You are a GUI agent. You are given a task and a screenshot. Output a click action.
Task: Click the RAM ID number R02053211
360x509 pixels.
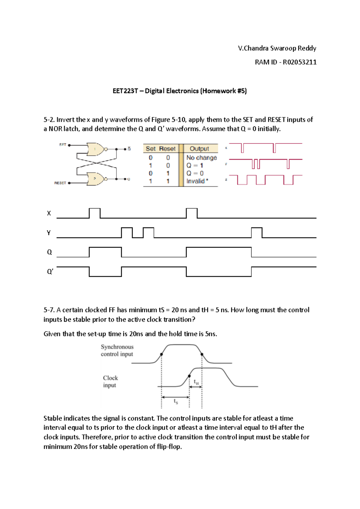(299, 62)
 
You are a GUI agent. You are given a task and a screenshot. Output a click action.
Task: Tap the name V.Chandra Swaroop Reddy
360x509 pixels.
(277, 48)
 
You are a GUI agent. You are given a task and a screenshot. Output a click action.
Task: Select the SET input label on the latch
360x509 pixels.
(63, 145)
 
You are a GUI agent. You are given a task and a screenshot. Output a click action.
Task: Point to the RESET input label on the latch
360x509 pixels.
(60, 183)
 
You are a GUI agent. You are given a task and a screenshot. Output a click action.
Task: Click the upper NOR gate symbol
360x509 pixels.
(96, 149)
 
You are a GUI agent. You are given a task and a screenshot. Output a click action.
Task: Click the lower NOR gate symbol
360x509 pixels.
(96, 179)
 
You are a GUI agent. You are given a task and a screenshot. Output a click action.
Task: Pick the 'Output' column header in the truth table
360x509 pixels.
(199, 149)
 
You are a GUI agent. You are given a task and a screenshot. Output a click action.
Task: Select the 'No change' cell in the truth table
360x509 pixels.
(201, 158)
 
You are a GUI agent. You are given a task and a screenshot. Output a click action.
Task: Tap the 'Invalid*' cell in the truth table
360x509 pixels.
(197, 181)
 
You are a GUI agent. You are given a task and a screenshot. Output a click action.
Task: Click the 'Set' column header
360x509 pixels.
(151, 149)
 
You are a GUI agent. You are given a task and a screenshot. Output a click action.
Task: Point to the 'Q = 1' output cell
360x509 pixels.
(195, 165)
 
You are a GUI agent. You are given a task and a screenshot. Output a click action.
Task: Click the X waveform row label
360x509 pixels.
(49, 213)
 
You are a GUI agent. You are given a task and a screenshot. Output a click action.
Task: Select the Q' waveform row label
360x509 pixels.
(50, 272)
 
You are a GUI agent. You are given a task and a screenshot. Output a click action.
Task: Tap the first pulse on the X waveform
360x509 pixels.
(95, 213)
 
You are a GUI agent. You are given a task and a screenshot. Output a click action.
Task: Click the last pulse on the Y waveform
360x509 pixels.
(256, 232)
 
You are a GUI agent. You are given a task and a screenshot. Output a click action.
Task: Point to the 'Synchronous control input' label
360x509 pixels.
(117, 351)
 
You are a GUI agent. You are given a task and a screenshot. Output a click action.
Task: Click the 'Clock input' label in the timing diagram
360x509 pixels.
(110, 381)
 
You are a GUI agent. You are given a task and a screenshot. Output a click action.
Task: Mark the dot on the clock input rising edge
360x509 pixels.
(189, 376)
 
